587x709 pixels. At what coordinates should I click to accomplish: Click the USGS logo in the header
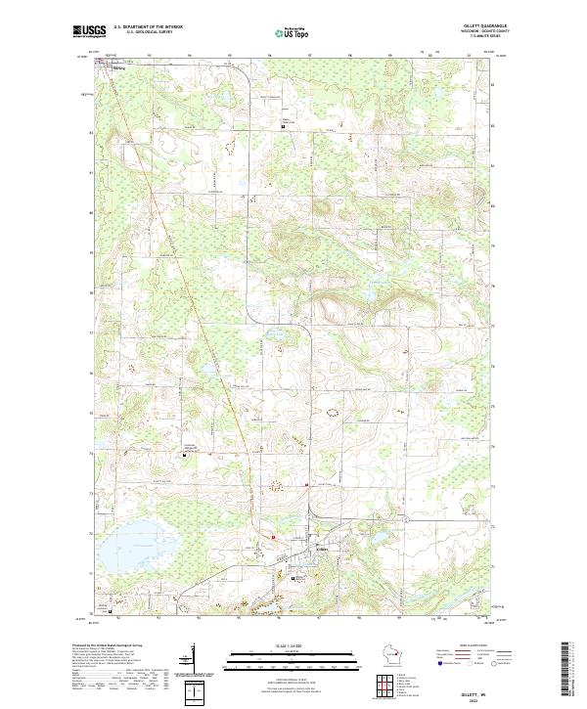tap(89, 32)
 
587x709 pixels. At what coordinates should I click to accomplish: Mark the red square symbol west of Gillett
tap(274, 537)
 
